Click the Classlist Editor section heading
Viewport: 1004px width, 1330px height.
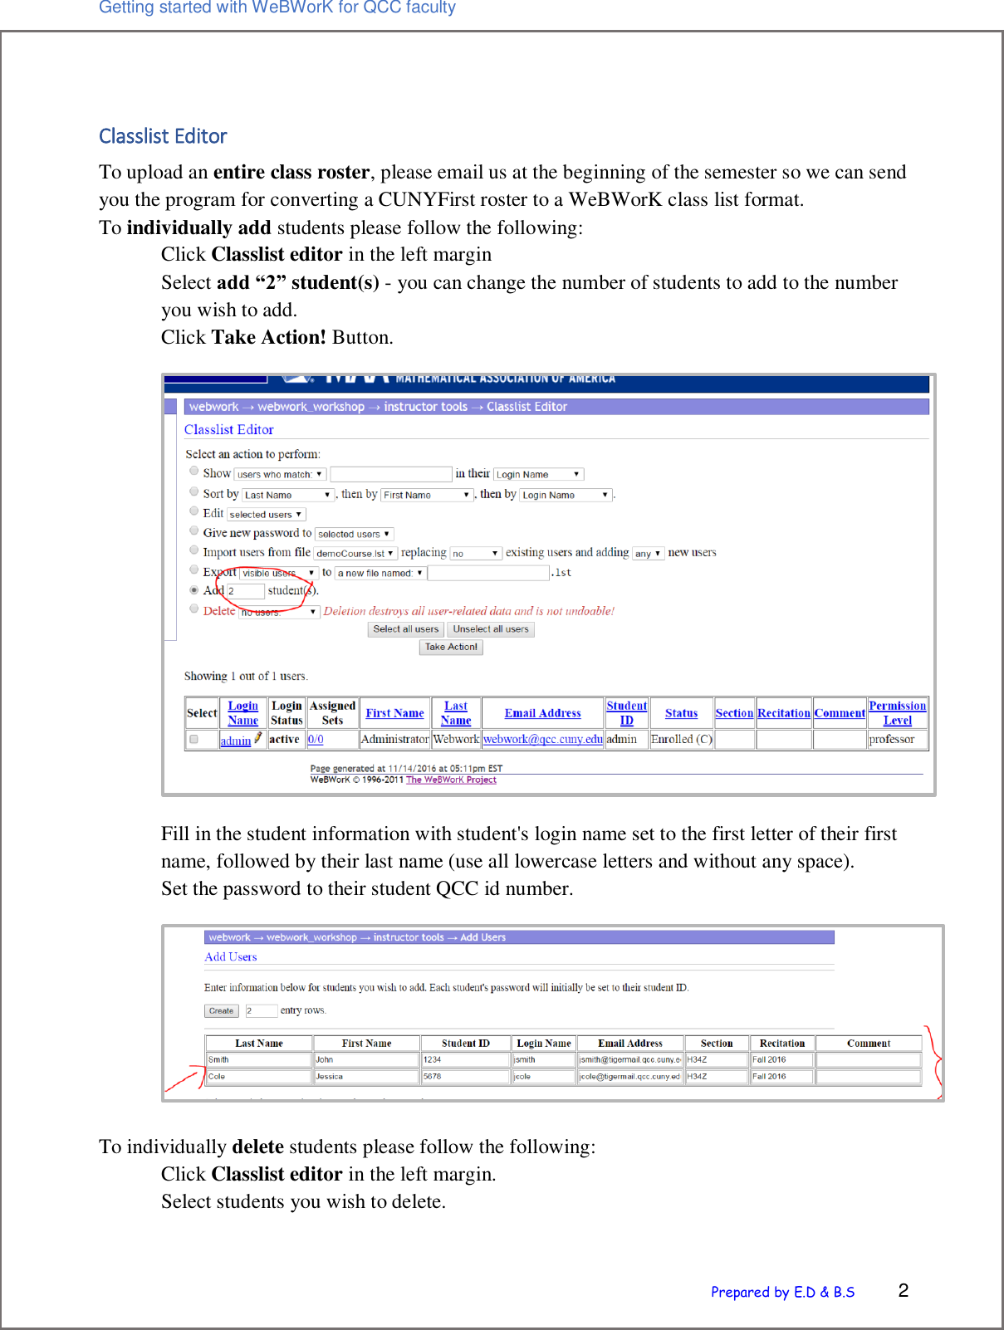tap(163, 136)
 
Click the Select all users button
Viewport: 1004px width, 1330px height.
tap(405, 629)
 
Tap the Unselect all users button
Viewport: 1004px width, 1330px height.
tap(490, 629)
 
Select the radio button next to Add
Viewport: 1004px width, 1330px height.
tap(194, 590)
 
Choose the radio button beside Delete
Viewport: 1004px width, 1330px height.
tap(194, 609)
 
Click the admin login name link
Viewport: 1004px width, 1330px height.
tap(235, 741)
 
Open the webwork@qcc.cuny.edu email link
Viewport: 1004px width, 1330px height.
tap(542, 739)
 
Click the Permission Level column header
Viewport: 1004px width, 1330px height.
tap(897, 713)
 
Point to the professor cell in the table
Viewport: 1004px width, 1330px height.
tap(891, 739)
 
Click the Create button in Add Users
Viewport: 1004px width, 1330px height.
tap(221, 1010)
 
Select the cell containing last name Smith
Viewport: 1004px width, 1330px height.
tap(258, 1059)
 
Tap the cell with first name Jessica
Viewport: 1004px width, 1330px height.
tap(365, 1076)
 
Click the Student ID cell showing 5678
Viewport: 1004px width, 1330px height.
tap(465, 1076)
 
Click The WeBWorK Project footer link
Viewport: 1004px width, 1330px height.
tap(451, 780)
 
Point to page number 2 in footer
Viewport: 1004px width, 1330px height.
tap(903, 1290)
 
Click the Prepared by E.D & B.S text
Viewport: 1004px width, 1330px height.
tap(782, 1292)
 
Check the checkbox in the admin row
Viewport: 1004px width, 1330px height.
tap(193, 739)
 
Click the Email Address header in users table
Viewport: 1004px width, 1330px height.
tap(542, 713)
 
